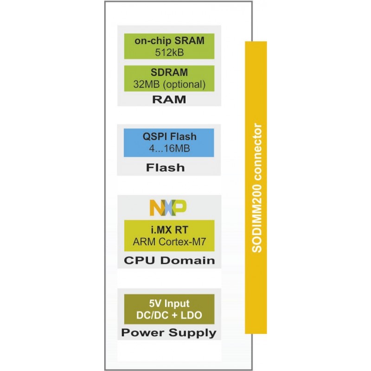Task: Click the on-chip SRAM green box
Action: pyautogui.click(x=169, y=46)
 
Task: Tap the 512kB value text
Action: pyautogui.click(x=169, y=52)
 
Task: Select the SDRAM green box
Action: pyautogui.click(x=169, y=78)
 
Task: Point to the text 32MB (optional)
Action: pyautogui.click(x=169, y=85)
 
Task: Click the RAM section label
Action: pyautogui.click(x=169, y=99)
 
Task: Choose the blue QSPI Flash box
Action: pyautogui.click(x=169, y=143)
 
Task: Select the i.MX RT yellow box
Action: pyautogui.click(x=169, y=235)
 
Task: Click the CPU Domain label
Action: pyautogui.click(x=169, y=260)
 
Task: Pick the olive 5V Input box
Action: pyautogui.click(x=169, y=309)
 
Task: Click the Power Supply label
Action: pyautogui.click(x=169, y=333)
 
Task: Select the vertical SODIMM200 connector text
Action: pyautogui.click(x=258, y=188)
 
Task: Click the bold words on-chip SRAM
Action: pyautogui.click(x=169, y=41)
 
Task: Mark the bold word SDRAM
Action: pyautogui.click(x=169, y=73)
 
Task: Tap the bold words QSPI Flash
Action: pyautogui.click(x=169, y=137)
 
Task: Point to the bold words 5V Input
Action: pyautogui.click(x=169, y=304)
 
